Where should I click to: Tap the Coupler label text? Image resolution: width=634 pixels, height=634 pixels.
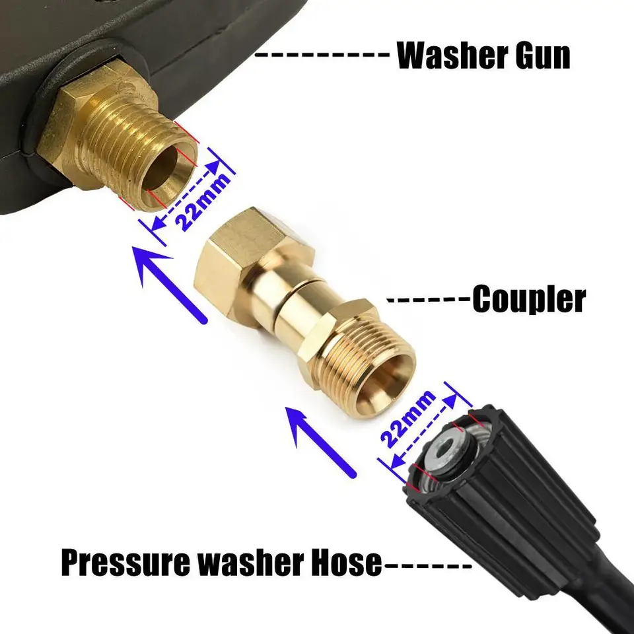[x=528, y=299]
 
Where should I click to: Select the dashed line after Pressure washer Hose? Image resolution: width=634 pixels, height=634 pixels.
[x=426, y=565]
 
